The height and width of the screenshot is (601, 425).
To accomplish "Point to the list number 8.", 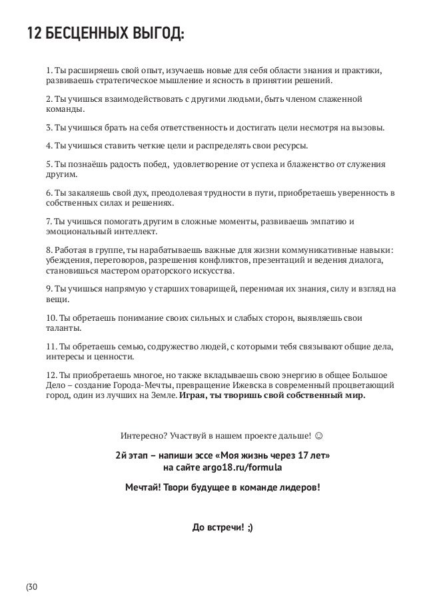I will coord(49,250).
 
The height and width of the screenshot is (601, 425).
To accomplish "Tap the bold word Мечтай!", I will coord(144,488).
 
